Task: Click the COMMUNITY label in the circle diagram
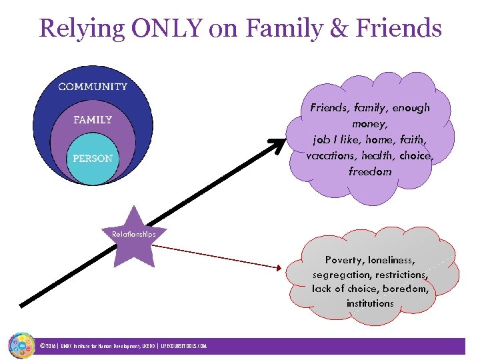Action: click(x=93, y=87)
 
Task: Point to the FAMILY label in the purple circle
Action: click(x=93, y=121)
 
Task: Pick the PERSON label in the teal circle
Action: click(x=93, y=159)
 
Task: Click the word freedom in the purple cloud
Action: click(x=370, y=171)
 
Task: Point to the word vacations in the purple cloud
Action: click(x=329, y=155)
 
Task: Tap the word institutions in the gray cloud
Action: click(x=370, y=303)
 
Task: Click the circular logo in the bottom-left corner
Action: click(x=21, y=345)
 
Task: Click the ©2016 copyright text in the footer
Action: click(x=48, y=346)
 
